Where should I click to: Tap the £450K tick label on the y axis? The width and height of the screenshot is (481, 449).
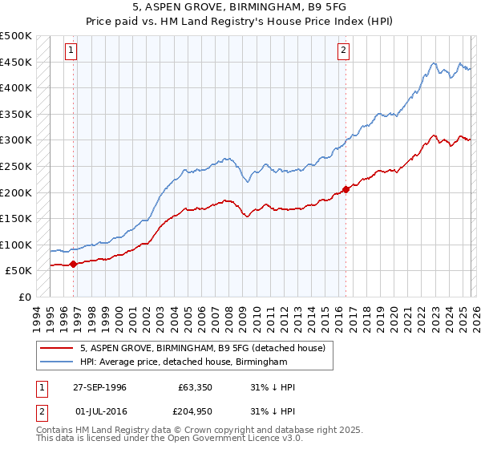point(16,62)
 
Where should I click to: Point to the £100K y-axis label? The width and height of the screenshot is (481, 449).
point(16,245)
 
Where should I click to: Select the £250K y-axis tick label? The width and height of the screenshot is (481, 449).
point(16,166)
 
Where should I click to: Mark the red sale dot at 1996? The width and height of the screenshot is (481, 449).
point(73,263)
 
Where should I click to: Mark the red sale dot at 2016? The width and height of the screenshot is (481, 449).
point(346,189)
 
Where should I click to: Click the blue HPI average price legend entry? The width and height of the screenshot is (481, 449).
point(183,362)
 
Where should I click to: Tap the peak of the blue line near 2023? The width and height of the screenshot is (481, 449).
point(433,63)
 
